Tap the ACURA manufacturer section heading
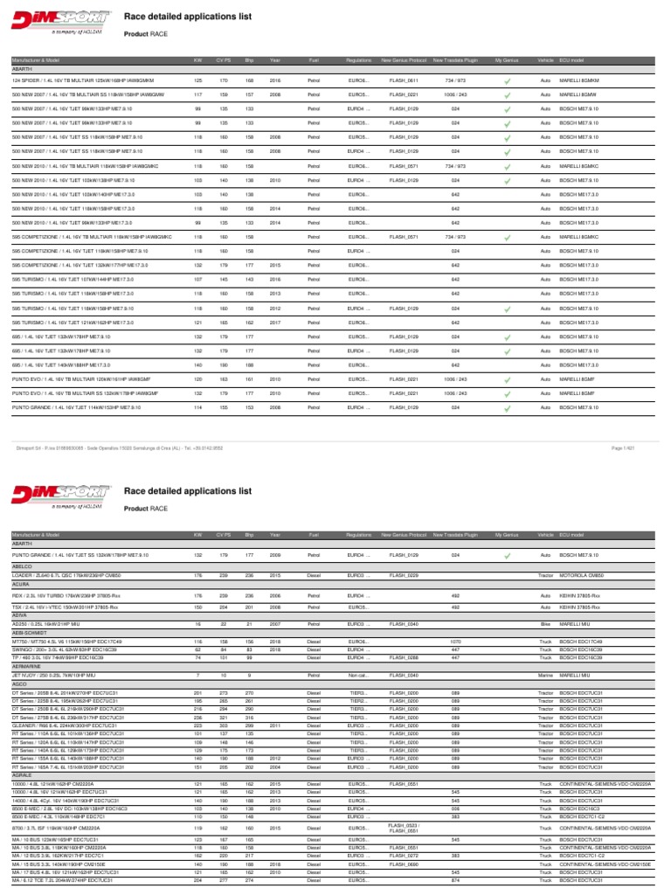tap(21, 586)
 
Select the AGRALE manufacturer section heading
tap(22, 794)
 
